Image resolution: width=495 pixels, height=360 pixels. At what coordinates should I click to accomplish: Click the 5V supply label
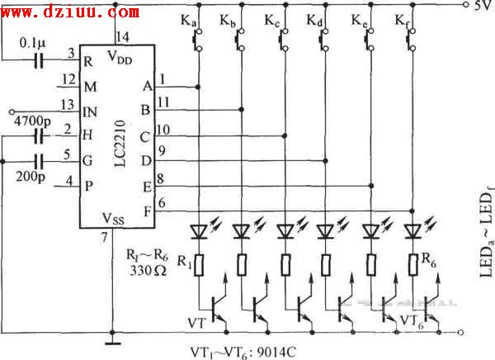pyautogui.click(x=483, y=7)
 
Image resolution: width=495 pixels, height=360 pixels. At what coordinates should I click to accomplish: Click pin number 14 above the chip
pyautogui.click(x=124, y=36)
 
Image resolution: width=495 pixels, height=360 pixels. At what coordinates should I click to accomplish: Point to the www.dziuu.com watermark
pyautogui.click(x=70, y=12)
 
